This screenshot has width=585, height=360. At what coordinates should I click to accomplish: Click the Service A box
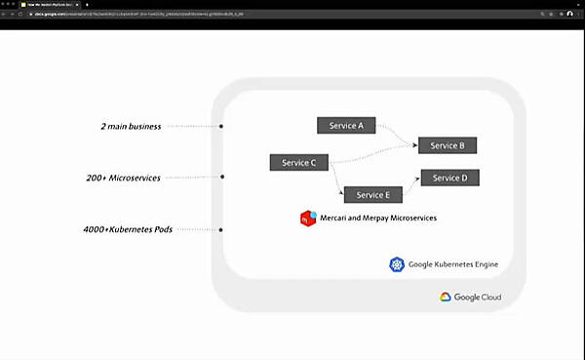(346, 125)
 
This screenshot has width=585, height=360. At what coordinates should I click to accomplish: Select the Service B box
(448, 145)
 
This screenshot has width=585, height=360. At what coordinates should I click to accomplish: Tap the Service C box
(298, 162)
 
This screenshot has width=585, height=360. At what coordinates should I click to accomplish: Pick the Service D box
(449, 178)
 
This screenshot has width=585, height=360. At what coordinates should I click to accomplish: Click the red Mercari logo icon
(307, 218)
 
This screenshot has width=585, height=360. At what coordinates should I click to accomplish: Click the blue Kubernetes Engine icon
(396, 264)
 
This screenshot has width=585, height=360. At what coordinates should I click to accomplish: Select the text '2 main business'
(130, 126)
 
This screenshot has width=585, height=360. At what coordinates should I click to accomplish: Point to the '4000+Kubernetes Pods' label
(122, 229)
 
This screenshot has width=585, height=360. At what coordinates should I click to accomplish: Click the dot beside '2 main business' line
(221, 126)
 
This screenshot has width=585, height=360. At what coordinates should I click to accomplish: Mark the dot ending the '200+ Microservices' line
(222, 178)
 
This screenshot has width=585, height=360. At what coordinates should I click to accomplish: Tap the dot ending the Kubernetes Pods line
(222, 229)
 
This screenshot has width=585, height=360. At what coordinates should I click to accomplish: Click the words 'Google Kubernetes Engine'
(452, 264)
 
